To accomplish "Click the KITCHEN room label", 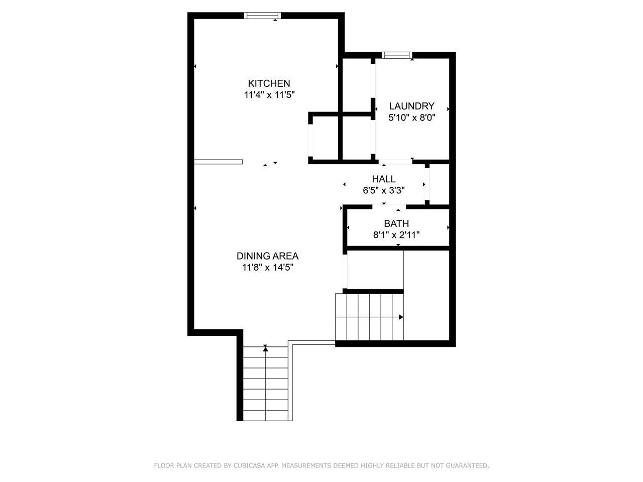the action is (269, 83).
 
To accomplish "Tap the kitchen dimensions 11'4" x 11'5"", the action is (269, 95).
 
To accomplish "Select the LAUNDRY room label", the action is (411, 106).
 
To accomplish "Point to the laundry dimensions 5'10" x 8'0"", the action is (412, 117).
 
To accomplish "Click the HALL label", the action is (384, 179).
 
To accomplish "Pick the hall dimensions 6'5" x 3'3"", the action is (384, 190).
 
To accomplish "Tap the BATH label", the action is (396, 223).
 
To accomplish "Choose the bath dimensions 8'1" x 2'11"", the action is (396, 234).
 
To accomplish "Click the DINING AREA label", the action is (267, 256).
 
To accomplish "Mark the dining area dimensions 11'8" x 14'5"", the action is (268, 268).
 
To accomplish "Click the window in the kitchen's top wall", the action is (262, 16).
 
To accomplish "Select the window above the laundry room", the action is (397, 55).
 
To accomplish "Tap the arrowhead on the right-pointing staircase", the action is (401, 317).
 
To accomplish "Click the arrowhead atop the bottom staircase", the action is (265, 348).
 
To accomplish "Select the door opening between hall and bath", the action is (389, 207).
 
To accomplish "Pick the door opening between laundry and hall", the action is (395, 162).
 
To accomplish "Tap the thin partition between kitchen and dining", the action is (218, 162).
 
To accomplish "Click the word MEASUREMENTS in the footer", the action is (305, 465).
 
